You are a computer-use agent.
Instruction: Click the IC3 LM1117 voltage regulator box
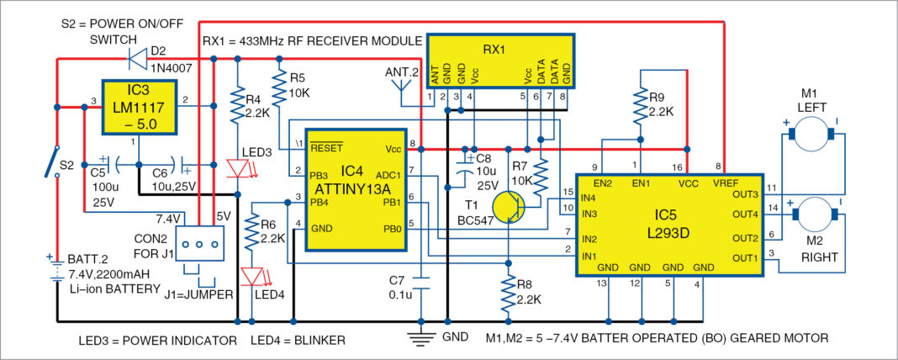[140, 108]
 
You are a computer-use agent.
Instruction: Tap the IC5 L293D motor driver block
[668, 225]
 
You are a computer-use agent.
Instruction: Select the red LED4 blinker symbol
[251, 276]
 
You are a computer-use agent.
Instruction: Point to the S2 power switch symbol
[55, 160]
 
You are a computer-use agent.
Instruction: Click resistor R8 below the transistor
[508, 294]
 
